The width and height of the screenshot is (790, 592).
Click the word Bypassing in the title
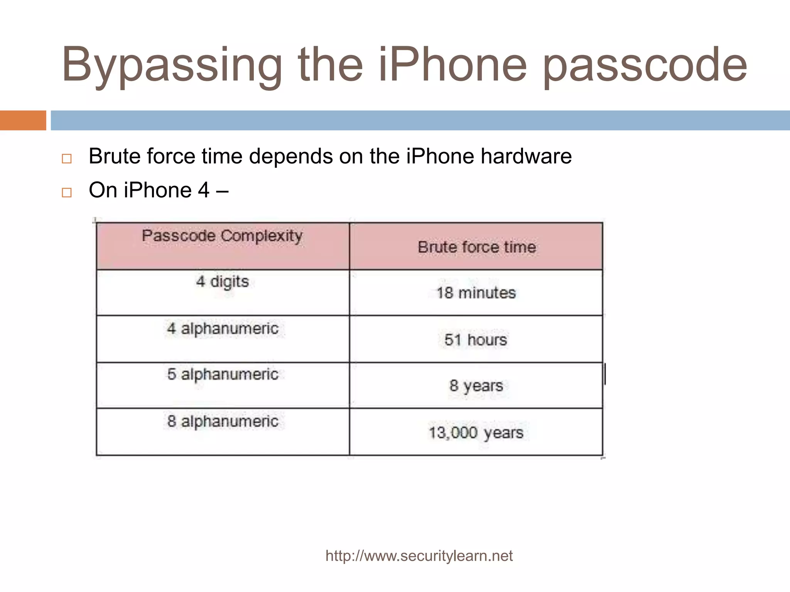point(172,66)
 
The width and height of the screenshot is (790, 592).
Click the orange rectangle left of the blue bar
point(23,120)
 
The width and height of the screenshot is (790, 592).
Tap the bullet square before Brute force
point(67,159)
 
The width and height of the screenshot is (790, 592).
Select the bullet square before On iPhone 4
point(67,192)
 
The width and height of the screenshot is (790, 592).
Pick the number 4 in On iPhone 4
point(204,190)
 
